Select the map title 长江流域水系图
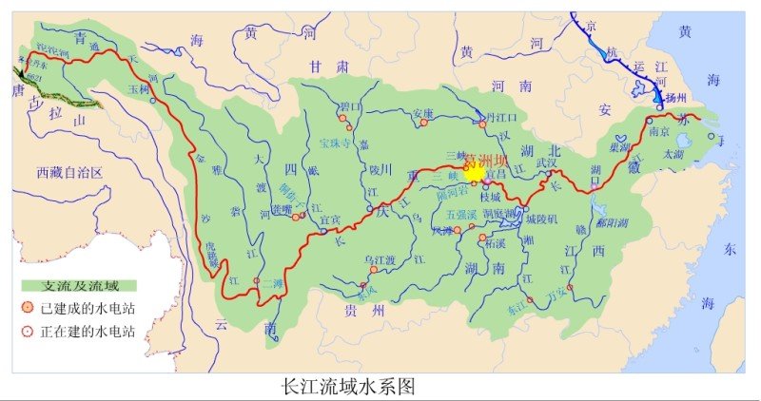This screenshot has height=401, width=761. (349, 388)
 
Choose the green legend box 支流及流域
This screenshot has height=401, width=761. (78, 285)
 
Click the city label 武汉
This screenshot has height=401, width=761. (546, 163)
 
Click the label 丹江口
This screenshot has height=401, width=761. (505, 118)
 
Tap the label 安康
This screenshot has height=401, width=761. (422, 114)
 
